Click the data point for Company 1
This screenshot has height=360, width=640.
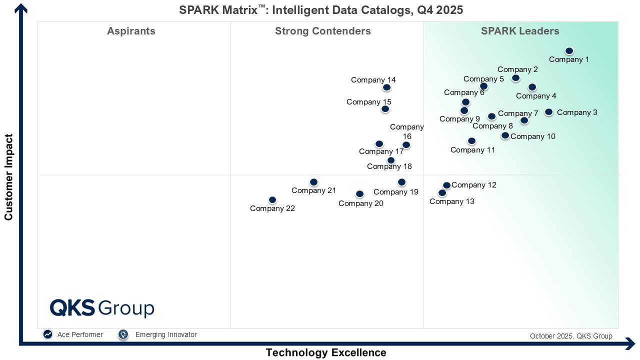569,51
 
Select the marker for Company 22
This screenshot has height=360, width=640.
272,200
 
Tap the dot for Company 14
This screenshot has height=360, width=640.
386,87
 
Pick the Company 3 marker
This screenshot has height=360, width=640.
548,112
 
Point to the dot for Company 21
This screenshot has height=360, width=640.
313,182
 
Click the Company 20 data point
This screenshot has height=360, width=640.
359,194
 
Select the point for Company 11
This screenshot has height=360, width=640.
471,141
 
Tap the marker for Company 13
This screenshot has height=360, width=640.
442,193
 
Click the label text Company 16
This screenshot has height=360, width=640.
407,131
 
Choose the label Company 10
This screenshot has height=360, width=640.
533,136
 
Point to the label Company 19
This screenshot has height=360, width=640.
396,192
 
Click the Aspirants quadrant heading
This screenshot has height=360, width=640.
131,31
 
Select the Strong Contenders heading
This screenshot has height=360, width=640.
323,31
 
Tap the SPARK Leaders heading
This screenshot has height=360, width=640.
520,31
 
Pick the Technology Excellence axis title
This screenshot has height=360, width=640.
326,352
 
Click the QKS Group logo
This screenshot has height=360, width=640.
102,308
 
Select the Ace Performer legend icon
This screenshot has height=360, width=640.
48,334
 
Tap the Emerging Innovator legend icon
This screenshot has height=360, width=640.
123,334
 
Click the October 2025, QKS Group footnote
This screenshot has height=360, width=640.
571,336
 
